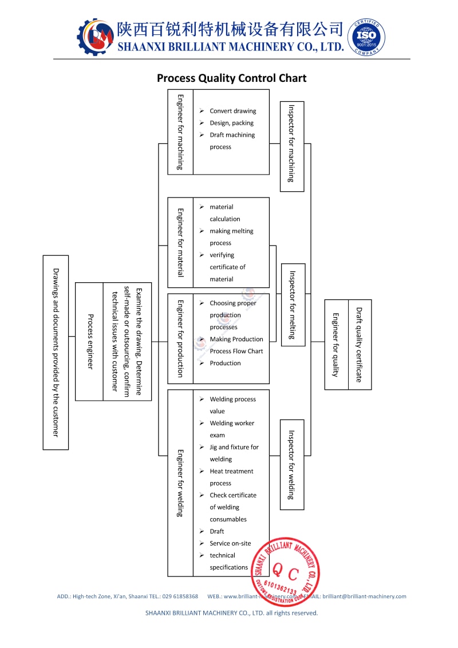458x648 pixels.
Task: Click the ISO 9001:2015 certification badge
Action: point(366,37)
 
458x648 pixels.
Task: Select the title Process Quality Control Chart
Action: point(232,78)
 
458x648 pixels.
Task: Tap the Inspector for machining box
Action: point(291,146)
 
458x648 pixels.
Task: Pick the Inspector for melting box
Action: point(293,305)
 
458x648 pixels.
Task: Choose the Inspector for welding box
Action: point(291,464)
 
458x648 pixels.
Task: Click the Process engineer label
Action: point(90,341)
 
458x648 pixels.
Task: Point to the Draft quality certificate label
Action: point(360,345)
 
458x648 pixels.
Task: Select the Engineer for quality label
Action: point(336,345)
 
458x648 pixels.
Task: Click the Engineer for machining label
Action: point(180,132)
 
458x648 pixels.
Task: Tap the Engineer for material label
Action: point(180,242)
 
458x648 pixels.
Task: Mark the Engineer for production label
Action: point(180,338)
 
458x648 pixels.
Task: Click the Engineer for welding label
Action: point(180,483)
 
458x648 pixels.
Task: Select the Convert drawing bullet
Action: point(232,111)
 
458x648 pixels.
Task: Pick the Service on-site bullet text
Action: point(230,543)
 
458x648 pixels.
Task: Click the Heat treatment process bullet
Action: point(231,477)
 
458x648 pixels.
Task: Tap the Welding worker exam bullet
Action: point(231,429)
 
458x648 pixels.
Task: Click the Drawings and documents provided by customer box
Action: point(56,352)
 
